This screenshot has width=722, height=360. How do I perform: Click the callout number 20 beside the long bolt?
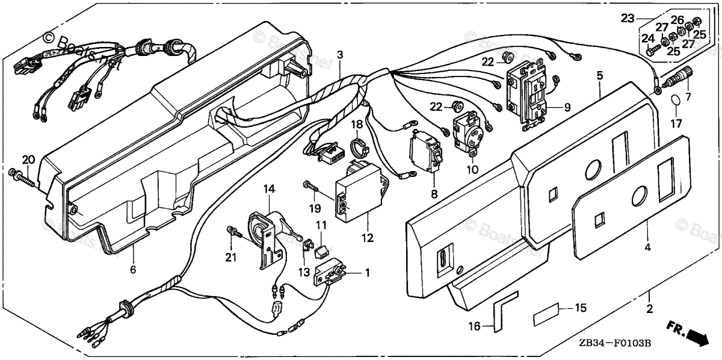pos(28,160)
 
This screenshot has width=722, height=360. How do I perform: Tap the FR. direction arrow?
pos(689,332)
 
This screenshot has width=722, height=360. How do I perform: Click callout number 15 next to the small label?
pos(581,308)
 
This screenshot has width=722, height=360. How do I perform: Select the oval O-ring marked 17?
pos(676,100)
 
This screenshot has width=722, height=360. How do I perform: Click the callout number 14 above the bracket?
pos(269,189)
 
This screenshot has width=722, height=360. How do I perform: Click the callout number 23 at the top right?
pos(628,19)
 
